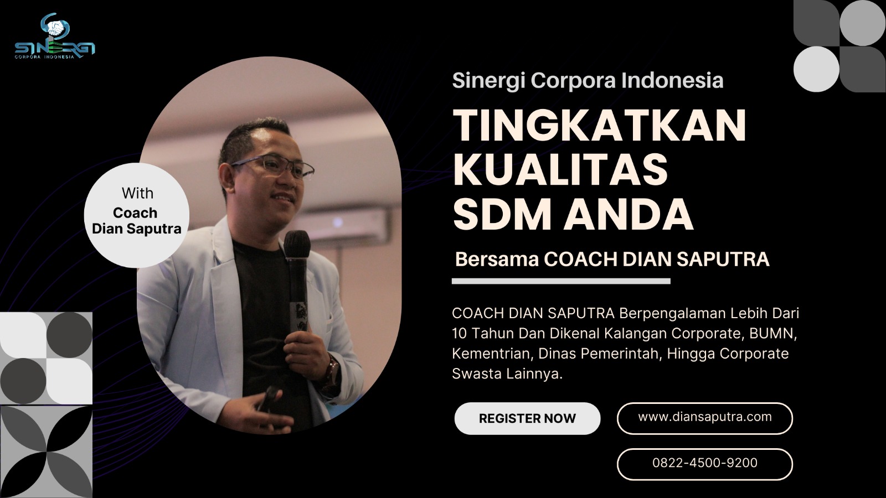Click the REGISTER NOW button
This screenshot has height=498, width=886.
[527, 418]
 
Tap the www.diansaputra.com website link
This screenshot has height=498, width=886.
[705, 417]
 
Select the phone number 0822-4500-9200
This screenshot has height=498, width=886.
[705, 463]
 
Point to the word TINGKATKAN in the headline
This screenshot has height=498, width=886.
[600, 125]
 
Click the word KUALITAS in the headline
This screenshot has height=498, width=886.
[560, 170]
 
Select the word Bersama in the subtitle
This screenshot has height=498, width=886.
[497, 260]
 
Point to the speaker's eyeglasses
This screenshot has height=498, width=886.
[273, 165]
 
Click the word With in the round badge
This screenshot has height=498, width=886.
[137, 193]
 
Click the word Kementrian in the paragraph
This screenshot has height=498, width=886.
[493, 354]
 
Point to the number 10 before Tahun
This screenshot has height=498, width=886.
[460, 334]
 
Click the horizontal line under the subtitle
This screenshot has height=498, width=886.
[561, 282]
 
